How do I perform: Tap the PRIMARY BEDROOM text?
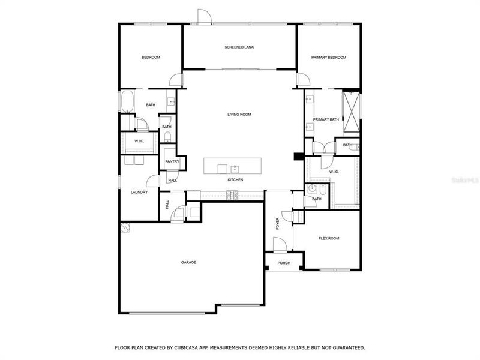(x=329, y=57)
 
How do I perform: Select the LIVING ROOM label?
(x=239, y=114)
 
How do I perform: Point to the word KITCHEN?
(x=235, y=180)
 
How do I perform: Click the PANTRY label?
(x=172, y=161)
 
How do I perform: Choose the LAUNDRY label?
(x=139, y=192)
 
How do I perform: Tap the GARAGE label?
(x=189, y=262)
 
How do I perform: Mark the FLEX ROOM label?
(x=328, y=238)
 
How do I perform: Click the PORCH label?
(x=284, y=263)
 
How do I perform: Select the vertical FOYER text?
(x=277, y=223)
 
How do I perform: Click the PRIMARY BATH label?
(x=326, y=119)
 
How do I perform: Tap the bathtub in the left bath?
(x=127, y=102)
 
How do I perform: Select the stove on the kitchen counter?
(x=232, y=194)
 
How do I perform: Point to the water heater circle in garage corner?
(x=125, y=227)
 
